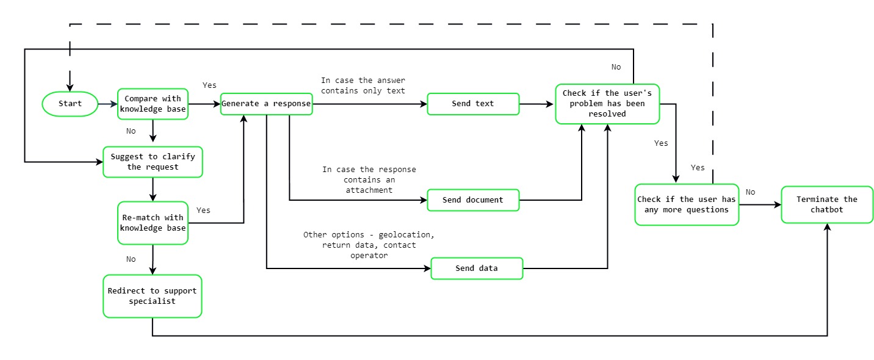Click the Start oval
[x=70, y=104]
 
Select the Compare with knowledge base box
[x=153, y=104]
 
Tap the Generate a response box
[x=266, y=104]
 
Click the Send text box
[x=473, y=104]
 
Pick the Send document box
[x=473, y=200]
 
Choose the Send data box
[x=477, y=268]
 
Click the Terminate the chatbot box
[x=827, y=204]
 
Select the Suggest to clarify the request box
[x=153, y=162]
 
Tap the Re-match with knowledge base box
[x=153, y=223]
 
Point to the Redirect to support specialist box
[x=152, y=296]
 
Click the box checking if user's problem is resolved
[x=607, y=104]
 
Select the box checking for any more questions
[x=687, y=204]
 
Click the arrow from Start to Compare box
[x=107, y=104]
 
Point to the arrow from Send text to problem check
[x=536, y=104]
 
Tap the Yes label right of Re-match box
[x=203, y=210]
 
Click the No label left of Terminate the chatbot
[x=750, y=192]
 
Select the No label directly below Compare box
[x=131, y=131]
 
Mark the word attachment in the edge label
[x=369, y=190]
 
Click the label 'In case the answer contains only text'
[x=363, y=85]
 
